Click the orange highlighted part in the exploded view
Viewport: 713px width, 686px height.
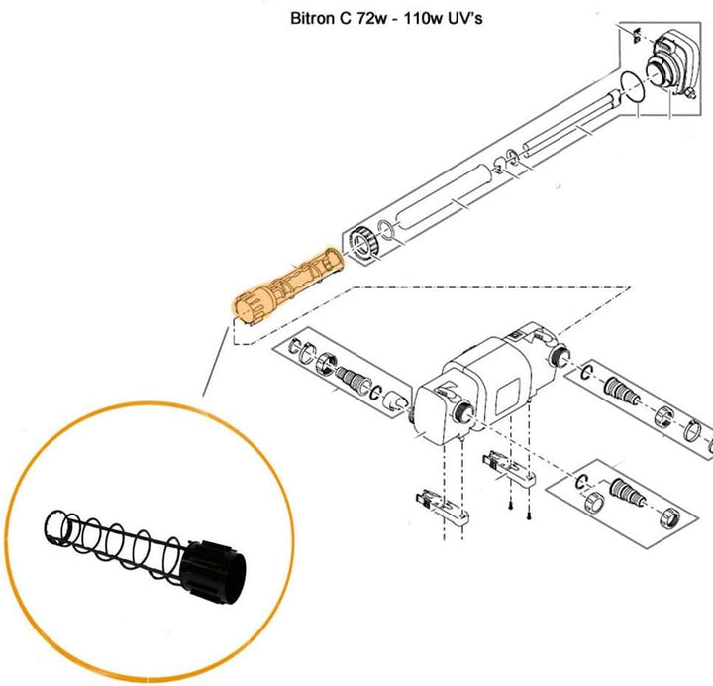pos(288,286)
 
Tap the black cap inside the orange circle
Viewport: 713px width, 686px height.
pos(213,572)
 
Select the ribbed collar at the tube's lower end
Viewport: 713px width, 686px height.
pos(363,243)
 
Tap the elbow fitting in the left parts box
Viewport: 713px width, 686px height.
pos(395,402)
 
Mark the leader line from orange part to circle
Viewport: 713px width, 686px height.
pos(215,361)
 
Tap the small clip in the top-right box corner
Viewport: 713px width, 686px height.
pos(636,35)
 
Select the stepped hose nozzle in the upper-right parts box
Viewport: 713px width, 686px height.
pos(622,391)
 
